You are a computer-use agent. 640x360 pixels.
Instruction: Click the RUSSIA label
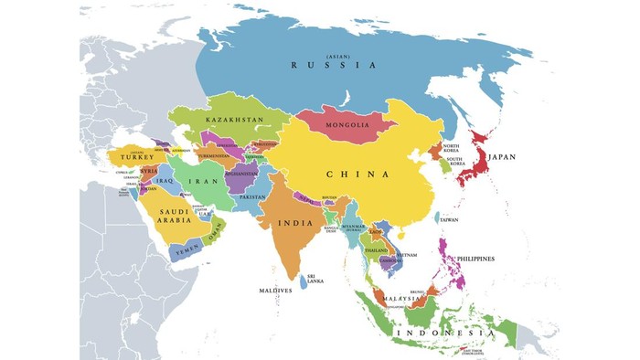pyautogui.click(x=333, y=65)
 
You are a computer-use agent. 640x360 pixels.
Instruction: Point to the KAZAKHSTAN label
pyautogui.click(x=235, y=120)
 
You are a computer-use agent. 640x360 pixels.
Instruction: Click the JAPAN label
pyautogui.click(x=501, y=157)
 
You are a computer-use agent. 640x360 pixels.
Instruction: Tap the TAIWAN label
pyautogui.click(x=449, y=219)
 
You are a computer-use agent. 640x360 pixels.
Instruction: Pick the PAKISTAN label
pyautogui.click(x=251, y=197)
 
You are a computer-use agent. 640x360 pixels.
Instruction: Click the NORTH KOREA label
pyautogui.click(x=451, y=147)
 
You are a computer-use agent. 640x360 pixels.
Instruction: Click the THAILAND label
pyautogui.click(x=375, y=250)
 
